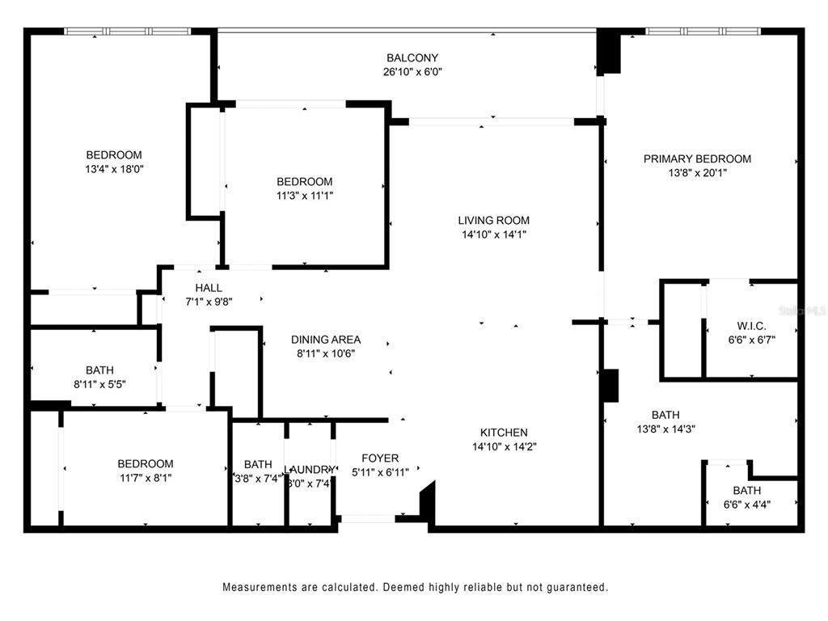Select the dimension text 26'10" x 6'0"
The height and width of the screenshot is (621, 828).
tap(412, 71)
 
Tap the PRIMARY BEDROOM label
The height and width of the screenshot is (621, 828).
tap(697, 158)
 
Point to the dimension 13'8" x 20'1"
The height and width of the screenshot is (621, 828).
tap(697, 172)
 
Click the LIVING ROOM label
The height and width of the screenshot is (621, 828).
tap(493, 220)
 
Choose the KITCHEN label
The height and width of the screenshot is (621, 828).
tap(505, 433)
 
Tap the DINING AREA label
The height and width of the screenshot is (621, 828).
tap(326, 340)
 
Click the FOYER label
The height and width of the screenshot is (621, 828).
tap(380, 458)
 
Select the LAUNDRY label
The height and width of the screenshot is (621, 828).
tap(309, 470)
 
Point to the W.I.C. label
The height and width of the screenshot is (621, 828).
tap(751, 327)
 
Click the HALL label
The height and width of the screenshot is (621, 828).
tap(209, 288)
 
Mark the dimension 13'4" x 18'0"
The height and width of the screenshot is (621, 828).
tap(114, 169)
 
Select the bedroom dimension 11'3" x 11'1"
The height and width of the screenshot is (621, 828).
tap(304, 195)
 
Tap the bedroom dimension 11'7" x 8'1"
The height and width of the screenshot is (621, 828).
tap(145, 477)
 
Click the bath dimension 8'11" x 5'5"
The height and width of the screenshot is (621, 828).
tap(99, 385)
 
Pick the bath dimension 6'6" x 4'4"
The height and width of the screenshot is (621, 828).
tap(746, 505)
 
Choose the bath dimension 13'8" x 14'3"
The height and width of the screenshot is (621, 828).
tap(665, 429)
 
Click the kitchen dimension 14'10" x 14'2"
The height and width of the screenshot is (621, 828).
tap(505, 446)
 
